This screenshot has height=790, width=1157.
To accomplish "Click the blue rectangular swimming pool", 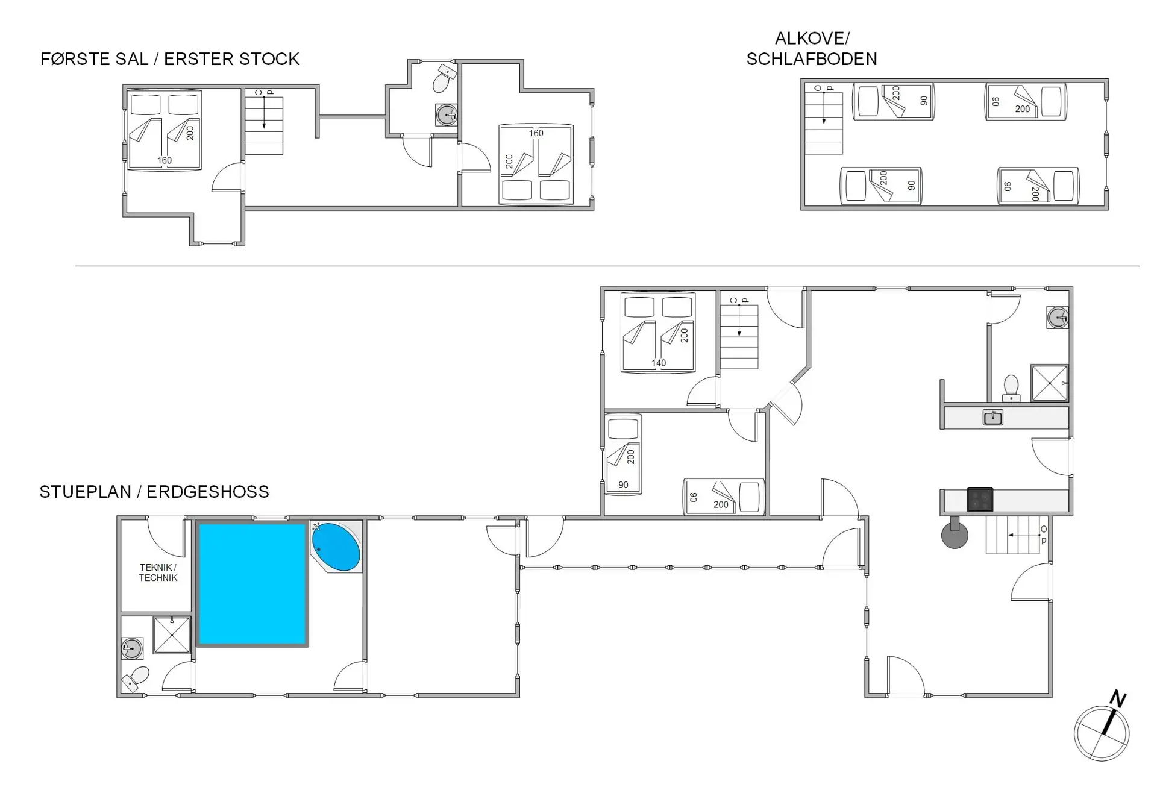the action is pyautogui.click(x=252, y=584).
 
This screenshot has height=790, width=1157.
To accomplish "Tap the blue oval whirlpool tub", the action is pyautogui.click(x=336, y=547).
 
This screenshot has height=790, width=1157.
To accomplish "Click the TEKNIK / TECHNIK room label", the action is pyautogui.click(x=158, y=572).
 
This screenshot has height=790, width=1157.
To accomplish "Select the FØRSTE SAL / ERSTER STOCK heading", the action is pyautogui.click(x=170, y=59).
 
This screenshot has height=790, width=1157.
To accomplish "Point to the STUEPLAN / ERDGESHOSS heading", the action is pyautogui.click(x=154, y=492).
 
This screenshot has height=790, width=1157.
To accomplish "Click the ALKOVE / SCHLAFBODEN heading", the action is pyautogui.click(x=812, y=48).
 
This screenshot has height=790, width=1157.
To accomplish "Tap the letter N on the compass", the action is pyautogui.click(x=1118, y=699).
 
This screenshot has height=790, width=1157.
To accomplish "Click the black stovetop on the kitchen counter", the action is pyautogui.click(x=980, y=500).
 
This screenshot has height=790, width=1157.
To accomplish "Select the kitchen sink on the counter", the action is pyautogui.click(x=992, y=417).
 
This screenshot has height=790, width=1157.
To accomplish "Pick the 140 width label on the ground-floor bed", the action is pyautogui.click(x=659, y=363).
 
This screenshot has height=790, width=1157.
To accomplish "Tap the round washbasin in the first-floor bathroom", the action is pyautogui.click(x=447, y=114).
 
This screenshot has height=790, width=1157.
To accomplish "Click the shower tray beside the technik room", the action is pyautogui.click(x=172, y=635).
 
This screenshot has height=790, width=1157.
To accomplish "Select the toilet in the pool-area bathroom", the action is pyautogui.click(x=136, y=679).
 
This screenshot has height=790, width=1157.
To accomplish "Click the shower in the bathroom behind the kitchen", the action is pyautogui.click(x=1049, y=383).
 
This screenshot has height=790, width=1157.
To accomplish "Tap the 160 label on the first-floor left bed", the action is pyautogui.click(x=165, y=160).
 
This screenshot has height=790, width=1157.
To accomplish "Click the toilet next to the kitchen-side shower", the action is pyautogui.click(x=1011, y=387).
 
